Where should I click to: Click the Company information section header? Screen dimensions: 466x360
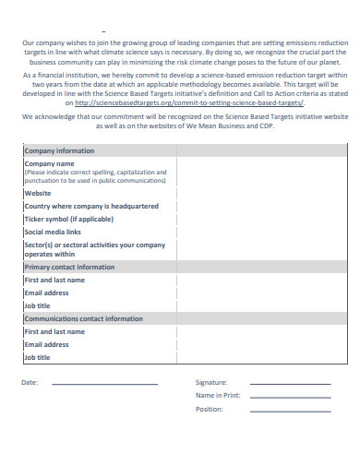point(59,150)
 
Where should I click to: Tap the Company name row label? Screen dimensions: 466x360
point(50,162)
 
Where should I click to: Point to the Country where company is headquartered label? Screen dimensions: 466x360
point(90,207)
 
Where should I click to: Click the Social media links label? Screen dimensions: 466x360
point(53,233)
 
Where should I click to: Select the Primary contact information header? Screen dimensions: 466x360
point(69,267)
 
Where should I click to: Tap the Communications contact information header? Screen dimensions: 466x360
point(83,318)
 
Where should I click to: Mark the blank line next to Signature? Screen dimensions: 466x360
point(289,383)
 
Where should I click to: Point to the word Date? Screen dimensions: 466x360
point(30,382)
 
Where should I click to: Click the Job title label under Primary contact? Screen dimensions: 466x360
point(38,305)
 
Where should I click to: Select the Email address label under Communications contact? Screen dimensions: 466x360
point(47,344)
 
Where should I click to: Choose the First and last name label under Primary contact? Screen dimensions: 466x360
point(54,280)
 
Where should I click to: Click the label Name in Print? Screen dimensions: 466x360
point(218,395)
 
